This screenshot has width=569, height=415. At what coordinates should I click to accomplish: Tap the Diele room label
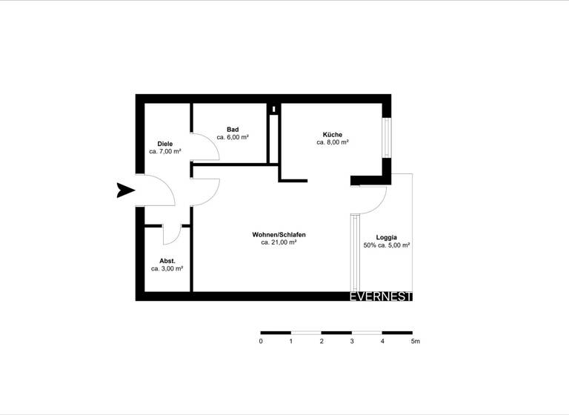coord(165,143)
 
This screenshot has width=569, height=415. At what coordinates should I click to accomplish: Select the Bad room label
coord(232,130)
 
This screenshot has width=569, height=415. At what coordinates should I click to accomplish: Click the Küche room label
coord(333,134)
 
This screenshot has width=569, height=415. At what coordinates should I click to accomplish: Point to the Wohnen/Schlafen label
coord(279,234)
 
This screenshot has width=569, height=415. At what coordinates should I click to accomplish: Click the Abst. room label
coord(167,261)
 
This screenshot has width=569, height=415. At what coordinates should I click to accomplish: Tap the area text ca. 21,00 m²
coord(279,242)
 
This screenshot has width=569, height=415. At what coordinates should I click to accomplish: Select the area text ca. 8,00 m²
coord(333,142)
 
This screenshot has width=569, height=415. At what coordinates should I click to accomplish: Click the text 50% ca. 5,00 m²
coord(387,245)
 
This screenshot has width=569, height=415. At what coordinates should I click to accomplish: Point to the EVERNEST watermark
coord(381,296)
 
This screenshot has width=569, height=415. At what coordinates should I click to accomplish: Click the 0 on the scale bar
coord(261,342)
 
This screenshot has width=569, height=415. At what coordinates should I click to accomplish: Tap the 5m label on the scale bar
coord(415,342)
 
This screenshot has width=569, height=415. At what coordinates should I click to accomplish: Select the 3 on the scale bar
coord(352,342)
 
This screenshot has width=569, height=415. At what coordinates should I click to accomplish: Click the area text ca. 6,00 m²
coord(232,138)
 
